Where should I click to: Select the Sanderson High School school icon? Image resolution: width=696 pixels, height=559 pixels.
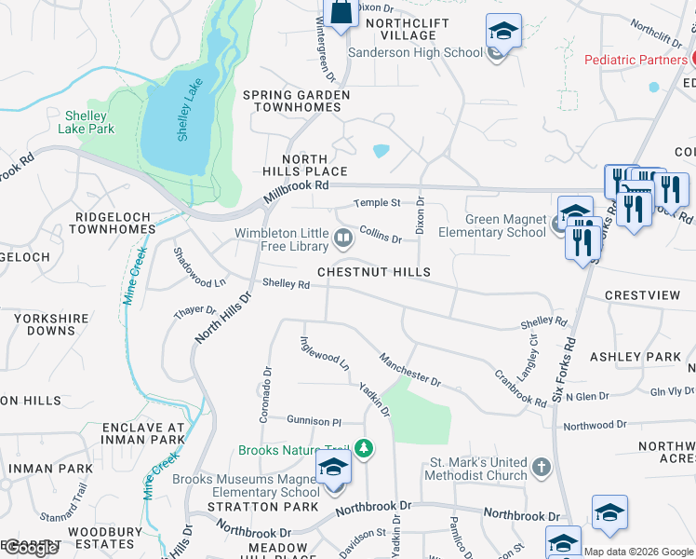[502, 34]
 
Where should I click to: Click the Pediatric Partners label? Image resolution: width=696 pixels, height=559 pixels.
[635, 60]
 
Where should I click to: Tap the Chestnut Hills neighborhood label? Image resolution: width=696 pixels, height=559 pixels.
[373, 272]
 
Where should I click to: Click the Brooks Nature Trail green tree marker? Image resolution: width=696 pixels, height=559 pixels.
[368, 450]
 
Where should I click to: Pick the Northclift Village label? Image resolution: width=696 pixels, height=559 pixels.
[408, 29]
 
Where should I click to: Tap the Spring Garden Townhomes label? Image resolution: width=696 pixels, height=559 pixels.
[296, 101]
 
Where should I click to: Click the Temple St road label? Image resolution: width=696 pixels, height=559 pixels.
[377, 202]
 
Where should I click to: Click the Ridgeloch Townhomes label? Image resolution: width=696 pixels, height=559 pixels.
[114, 223]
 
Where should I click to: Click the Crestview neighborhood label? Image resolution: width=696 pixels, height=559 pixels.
[642, 295]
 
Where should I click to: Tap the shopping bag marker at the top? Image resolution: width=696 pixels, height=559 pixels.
[341, 13]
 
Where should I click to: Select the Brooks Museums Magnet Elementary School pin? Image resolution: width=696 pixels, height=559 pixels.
[333, 470]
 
